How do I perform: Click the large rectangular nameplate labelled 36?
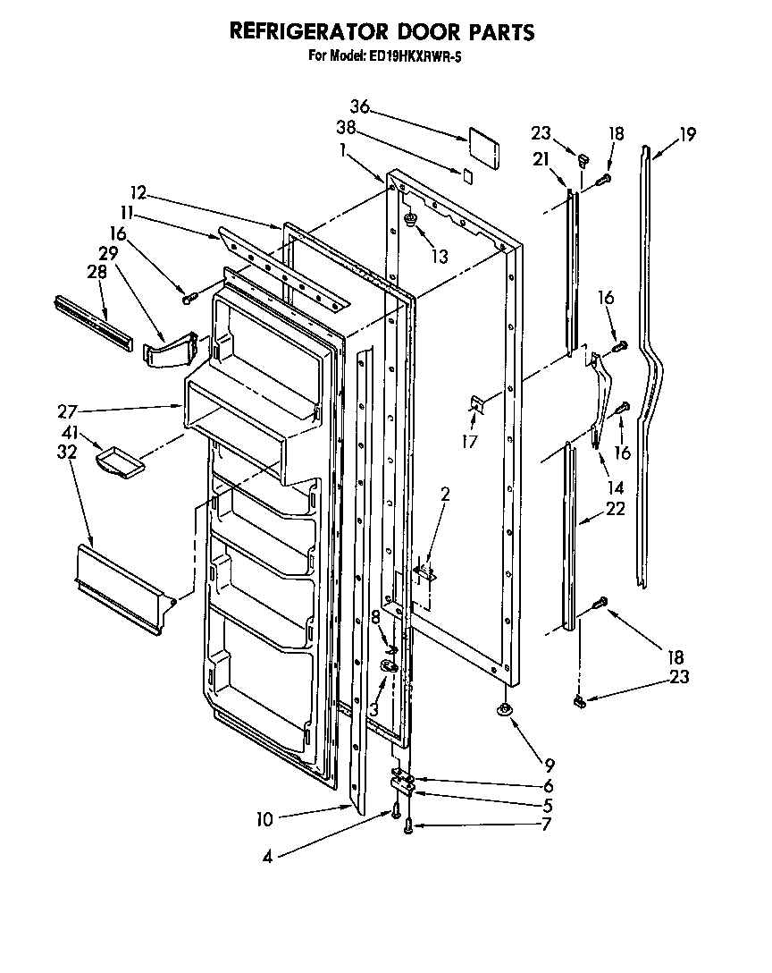point(483,145)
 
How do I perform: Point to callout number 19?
point(686,136)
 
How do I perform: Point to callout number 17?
point(469,441)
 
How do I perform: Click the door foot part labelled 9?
point(506,711)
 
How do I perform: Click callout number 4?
point(267,856)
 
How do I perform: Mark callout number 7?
point(547,822)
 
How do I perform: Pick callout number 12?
point(137,193)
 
